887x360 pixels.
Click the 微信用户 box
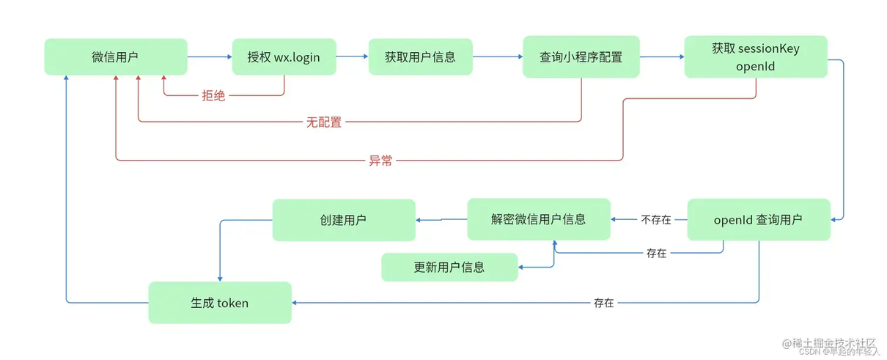click(116, 56)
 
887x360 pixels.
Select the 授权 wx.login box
click(284, 56)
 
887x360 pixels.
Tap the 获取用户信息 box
click(421, 56)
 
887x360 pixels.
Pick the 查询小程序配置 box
click(581, 56)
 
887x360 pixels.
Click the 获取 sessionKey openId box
click(756, 56)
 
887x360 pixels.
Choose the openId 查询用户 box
click(759, 219)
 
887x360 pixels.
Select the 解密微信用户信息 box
click(539, 219)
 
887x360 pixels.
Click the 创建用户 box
click(344, 220)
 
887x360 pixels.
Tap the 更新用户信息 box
click(449, 268)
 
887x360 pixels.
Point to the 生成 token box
click(220, 303)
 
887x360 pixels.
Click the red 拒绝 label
click(213, 95)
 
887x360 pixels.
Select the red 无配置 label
click(324, 122)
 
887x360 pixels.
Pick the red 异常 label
click(380, 161)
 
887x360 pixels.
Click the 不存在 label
click(656, 219)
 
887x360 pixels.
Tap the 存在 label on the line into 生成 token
click(604, 303)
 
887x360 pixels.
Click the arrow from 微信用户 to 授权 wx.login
click(210, 56)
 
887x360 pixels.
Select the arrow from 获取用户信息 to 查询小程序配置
click(498, 56)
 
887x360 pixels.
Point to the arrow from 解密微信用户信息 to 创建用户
click(441, 220)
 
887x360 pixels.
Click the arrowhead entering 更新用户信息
click(520, 268)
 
